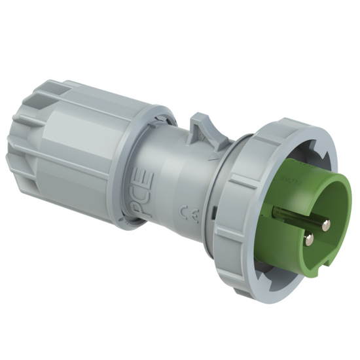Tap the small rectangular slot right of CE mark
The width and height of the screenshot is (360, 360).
point(217,211)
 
